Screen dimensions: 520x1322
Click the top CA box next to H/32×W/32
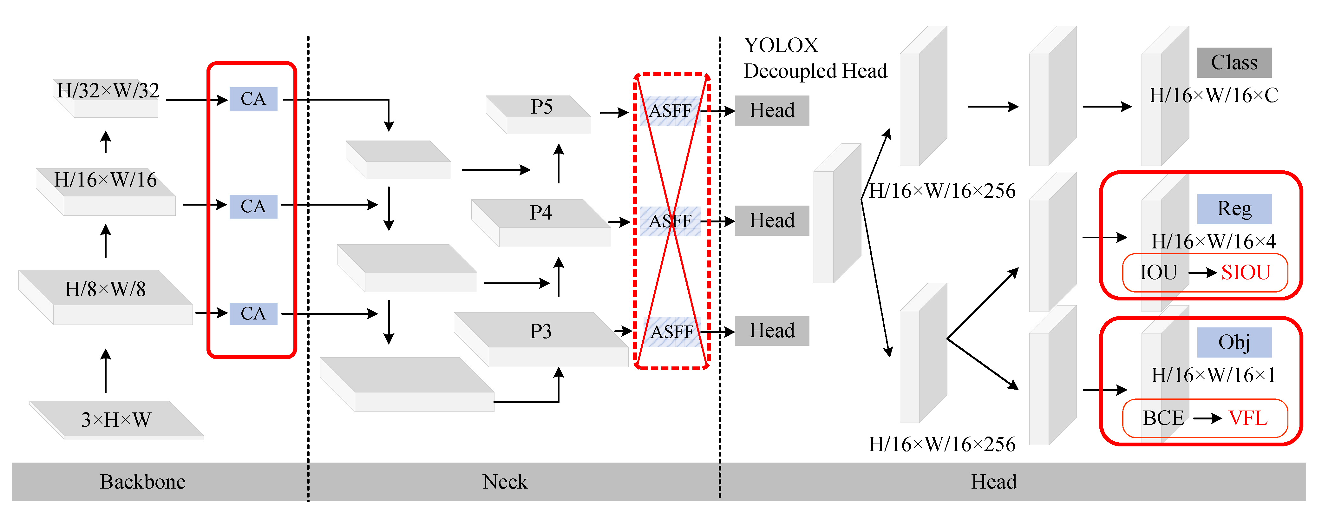click(253, 99)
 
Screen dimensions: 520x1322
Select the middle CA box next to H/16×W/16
click(253, 206)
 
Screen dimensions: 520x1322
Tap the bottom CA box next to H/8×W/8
click(253, 314)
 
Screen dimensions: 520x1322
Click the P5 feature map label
click(541, 107)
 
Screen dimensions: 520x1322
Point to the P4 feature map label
click(541, 213)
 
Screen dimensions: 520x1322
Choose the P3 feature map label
click(541, 332)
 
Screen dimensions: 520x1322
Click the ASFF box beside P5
click(670, 111)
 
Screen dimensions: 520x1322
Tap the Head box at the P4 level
click(772, 221)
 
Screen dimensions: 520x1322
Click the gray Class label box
click(1234, 63)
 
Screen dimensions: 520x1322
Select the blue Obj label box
click(1234, 342)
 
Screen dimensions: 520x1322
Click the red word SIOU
click(1246, 273)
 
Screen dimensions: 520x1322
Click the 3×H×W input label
click(116, 420)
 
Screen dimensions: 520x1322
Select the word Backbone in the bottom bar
click(143, 482)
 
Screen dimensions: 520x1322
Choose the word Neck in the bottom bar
click(505, 482)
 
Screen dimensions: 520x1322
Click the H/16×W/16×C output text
click(1214, 95)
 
